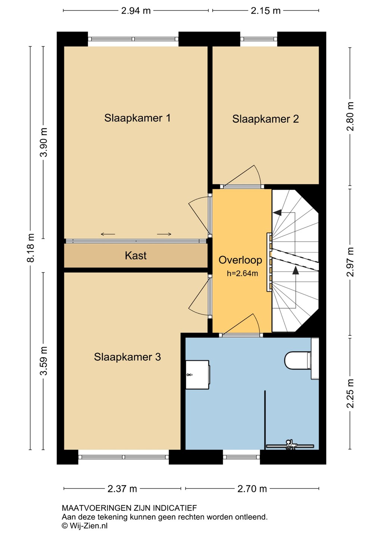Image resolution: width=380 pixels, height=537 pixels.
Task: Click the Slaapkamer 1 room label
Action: tap(137, 118)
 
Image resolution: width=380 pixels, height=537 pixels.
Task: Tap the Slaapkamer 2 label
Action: tap(265, 119)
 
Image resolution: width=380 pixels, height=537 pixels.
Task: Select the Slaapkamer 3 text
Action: tap(127, 357)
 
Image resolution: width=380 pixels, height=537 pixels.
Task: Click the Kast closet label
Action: tap(136, 255)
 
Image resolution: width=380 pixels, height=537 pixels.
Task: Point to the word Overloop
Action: tap(240, 260)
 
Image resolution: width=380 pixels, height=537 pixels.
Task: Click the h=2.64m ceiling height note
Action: tap(242, 274)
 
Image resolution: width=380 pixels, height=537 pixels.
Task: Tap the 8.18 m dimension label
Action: tap(31, 248)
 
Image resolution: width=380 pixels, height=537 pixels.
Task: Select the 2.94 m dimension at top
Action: tap(136, 11)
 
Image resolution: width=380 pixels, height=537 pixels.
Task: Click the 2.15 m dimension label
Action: tap(265, 11)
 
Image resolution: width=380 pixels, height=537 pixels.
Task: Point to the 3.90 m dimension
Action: tap(44, 142)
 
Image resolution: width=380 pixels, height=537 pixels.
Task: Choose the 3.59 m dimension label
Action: tap(44, 361)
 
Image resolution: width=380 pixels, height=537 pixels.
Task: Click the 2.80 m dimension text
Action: tap(350, 116)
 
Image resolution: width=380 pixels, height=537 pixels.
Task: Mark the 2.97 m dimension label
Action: tap(350, 262)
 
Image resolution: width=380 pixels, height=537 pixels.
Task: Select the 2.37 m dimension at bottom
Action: tap(122, 489)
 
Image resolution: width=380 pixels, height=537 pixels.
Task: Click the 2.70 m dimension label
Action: tap(252, 489)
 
